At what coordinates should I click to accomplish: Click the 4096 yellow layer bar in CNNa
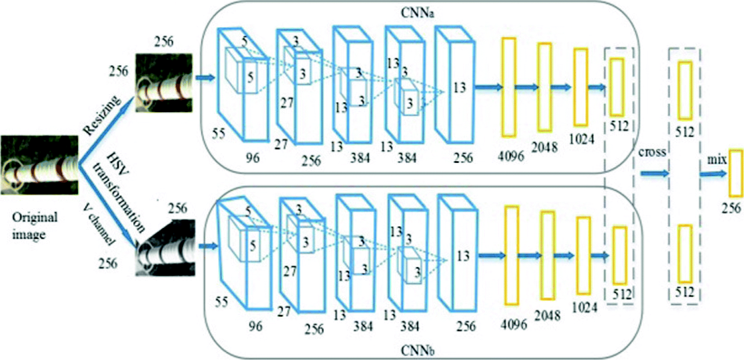coord(509,87)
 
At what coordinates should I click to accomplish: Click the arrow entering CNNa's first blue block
coord(205,78)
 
